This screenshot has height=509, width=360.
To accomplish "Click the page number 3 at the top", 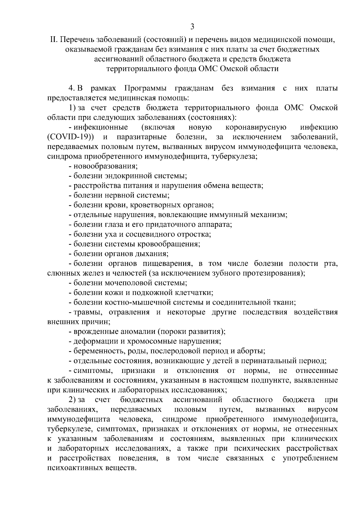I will pyautogui.click(x=192, y=27).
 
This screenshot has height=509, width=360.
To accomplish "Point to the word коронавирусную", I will pyautogui.click(x=256, y=127).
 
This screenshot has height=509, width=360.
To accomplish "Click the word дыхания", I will pyautogui.click(x=153, y=254).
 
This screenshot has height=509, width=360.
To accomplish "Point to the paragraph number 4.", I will pyautogui.click(x=72, y=88).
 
